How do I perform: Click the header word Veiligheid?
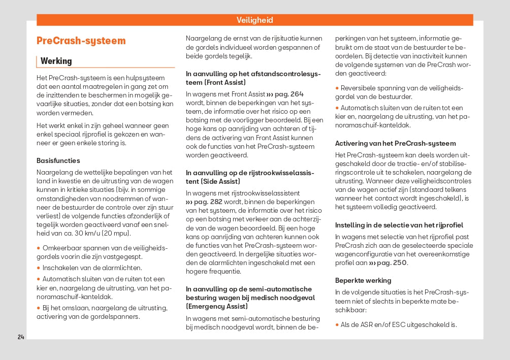click(x=254, y=20)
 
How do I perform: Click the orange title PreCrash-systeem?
click(x=81, y=41)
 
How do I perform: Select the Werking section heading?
click(x=56, y=61)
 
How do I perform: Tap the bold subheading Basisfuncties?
click(x=58, y=160)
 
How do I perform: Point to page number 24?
click(x=21, y=337)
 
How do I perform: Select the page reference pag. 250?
click(x=388, y=263)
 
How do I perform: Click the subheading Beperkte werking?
click(x=363, y=280)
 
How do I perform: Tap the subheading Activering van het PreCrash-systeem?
click(x=395, y=143)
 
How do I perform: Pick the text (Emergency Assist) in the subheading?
click(x=217, y=307)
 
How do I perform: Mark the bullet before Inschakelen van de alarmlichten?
click(x=39, y=268)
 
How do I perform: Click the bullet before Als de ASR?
click(x=337, y=325)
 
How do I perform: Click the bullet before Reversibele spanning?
click(x=337, y=88)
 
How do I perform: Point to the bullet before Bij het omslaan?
click(x=39, y=308)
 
